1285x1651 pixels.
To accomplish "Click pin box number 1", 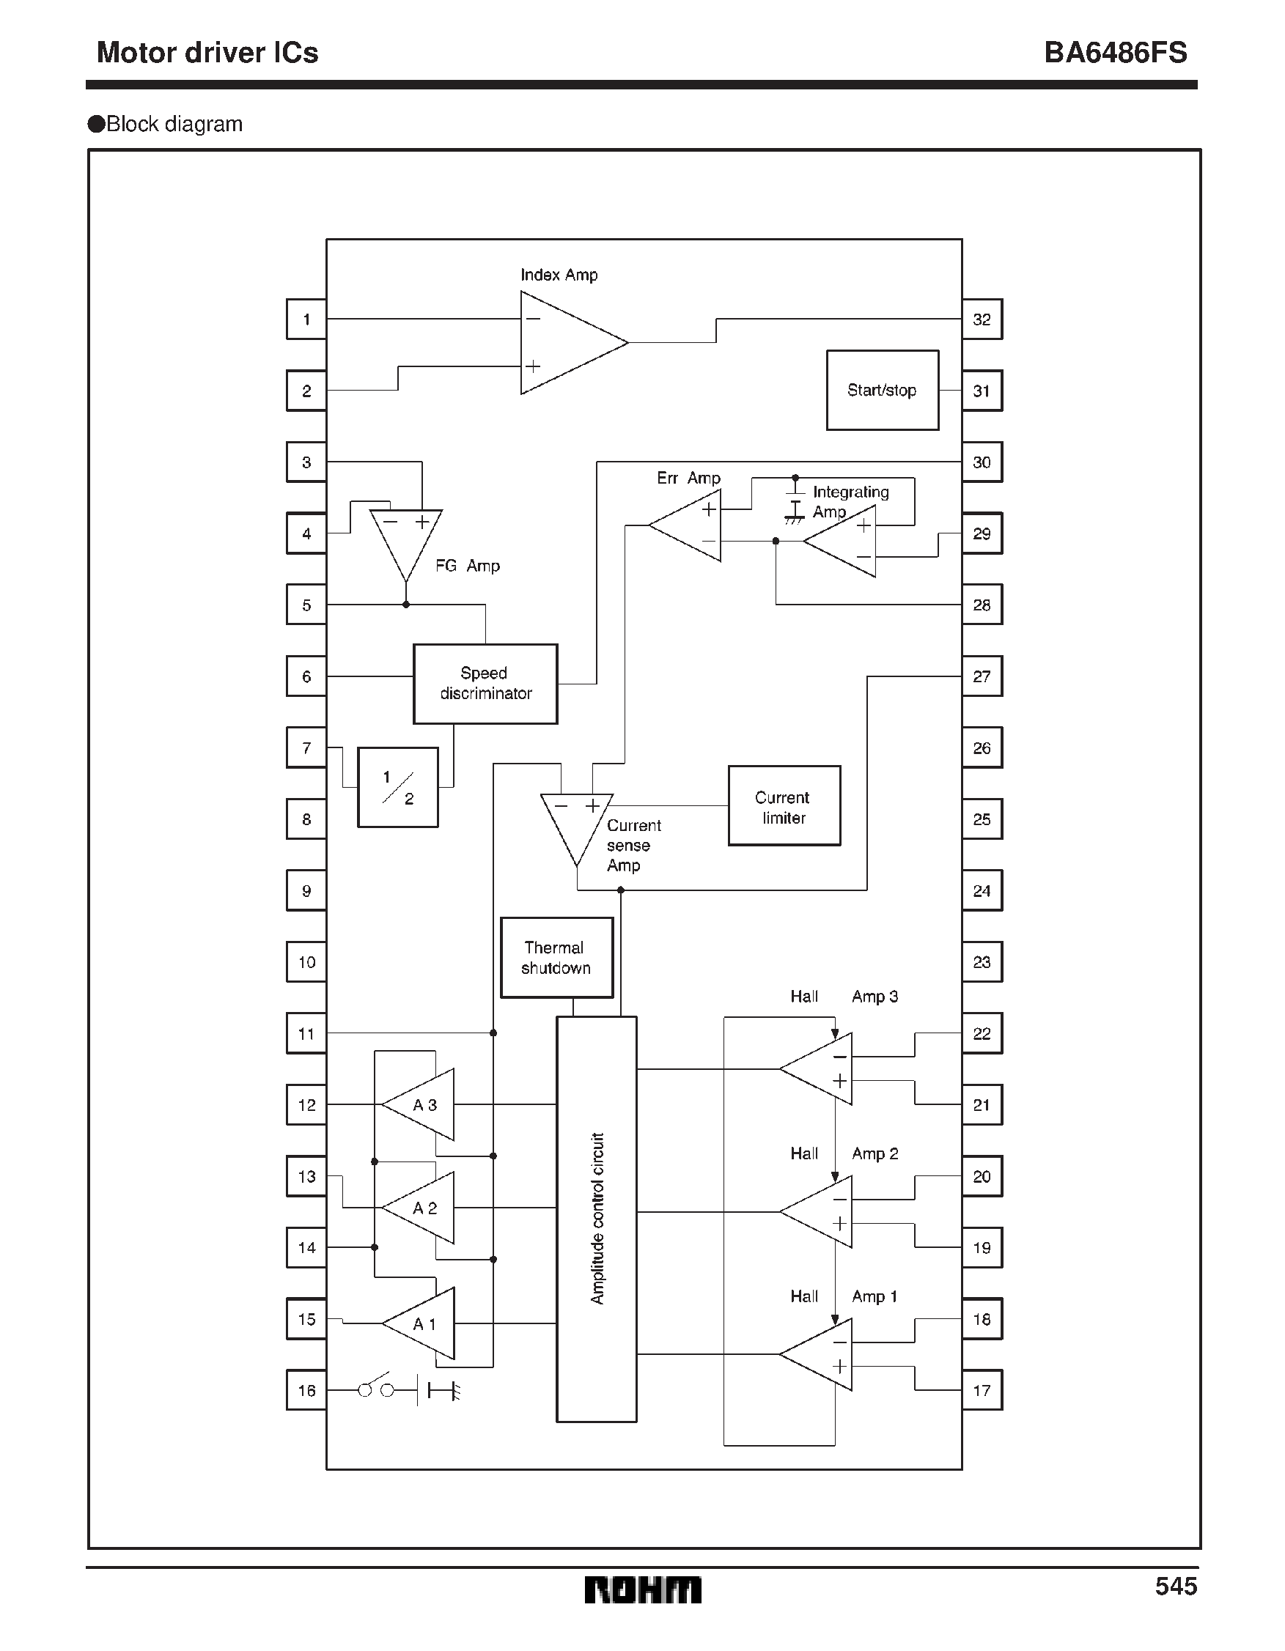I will click(x=306, y=319).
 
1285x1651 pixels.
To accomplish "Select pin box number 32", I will click(x=982, y=319).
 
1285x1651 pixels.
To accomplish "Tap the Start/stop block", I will click(x=882, y=390).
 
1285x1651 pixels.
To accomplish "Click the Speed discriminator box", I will click(x=485, y=684).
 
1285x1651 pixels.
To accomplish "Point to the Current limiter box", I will click(x=784, y=806).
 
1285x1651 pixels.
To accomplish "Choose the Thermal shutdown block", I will click(x=556, y=957).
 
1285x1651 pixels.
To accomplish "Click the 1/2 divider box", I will click(x=397, y=787).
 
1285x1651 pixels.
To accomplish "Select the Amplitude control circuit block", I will click(x=596, y=1219).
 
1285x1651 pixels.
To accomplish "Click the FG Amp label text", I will click(x=468, y=566).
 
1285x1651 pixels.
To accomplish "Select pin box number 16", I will click(x=306, y=1390).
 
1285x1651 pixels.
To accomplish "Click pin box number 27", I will click(x=982, y=676).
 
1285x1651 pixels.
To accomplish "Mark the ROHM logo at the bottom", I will click(x=642, y=1589).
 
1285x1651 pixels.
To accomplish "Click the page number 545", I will click(x=1175, y=1586).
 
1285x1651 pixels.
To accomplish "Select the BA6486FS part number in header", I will click(x=1115, y=53).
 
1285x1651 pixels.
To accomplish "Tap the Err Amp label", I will click(x=688, y=478).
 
